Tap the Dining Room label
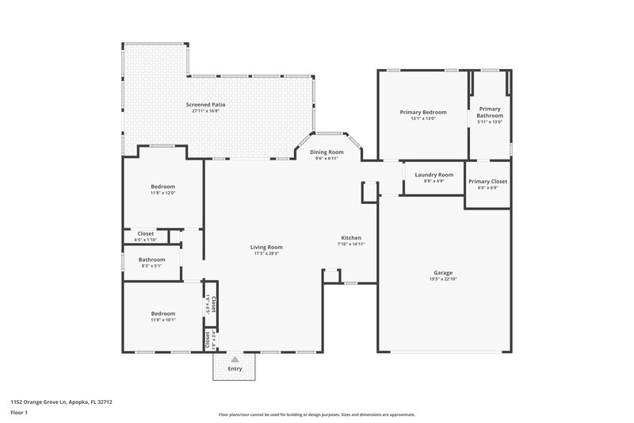(327, 152)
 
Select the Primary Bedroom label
(422, 113)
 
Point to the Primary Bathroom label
(489, 112)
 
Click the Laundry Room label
(433, 175)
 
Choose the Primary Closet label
(487, 182)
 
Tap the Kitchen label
(351, 238)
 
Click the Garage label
(443, 273)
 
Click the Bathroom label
(151, 260)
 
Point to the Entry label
(235, 368)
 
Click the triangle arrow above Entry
(235, 359)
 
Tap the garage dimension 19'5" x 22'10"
(443, 279)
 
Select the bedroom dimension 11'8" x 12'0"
(162, 193)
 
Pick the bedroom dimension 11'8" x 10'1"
(162, 320)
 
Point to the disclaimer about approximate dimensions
(316, 414)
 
